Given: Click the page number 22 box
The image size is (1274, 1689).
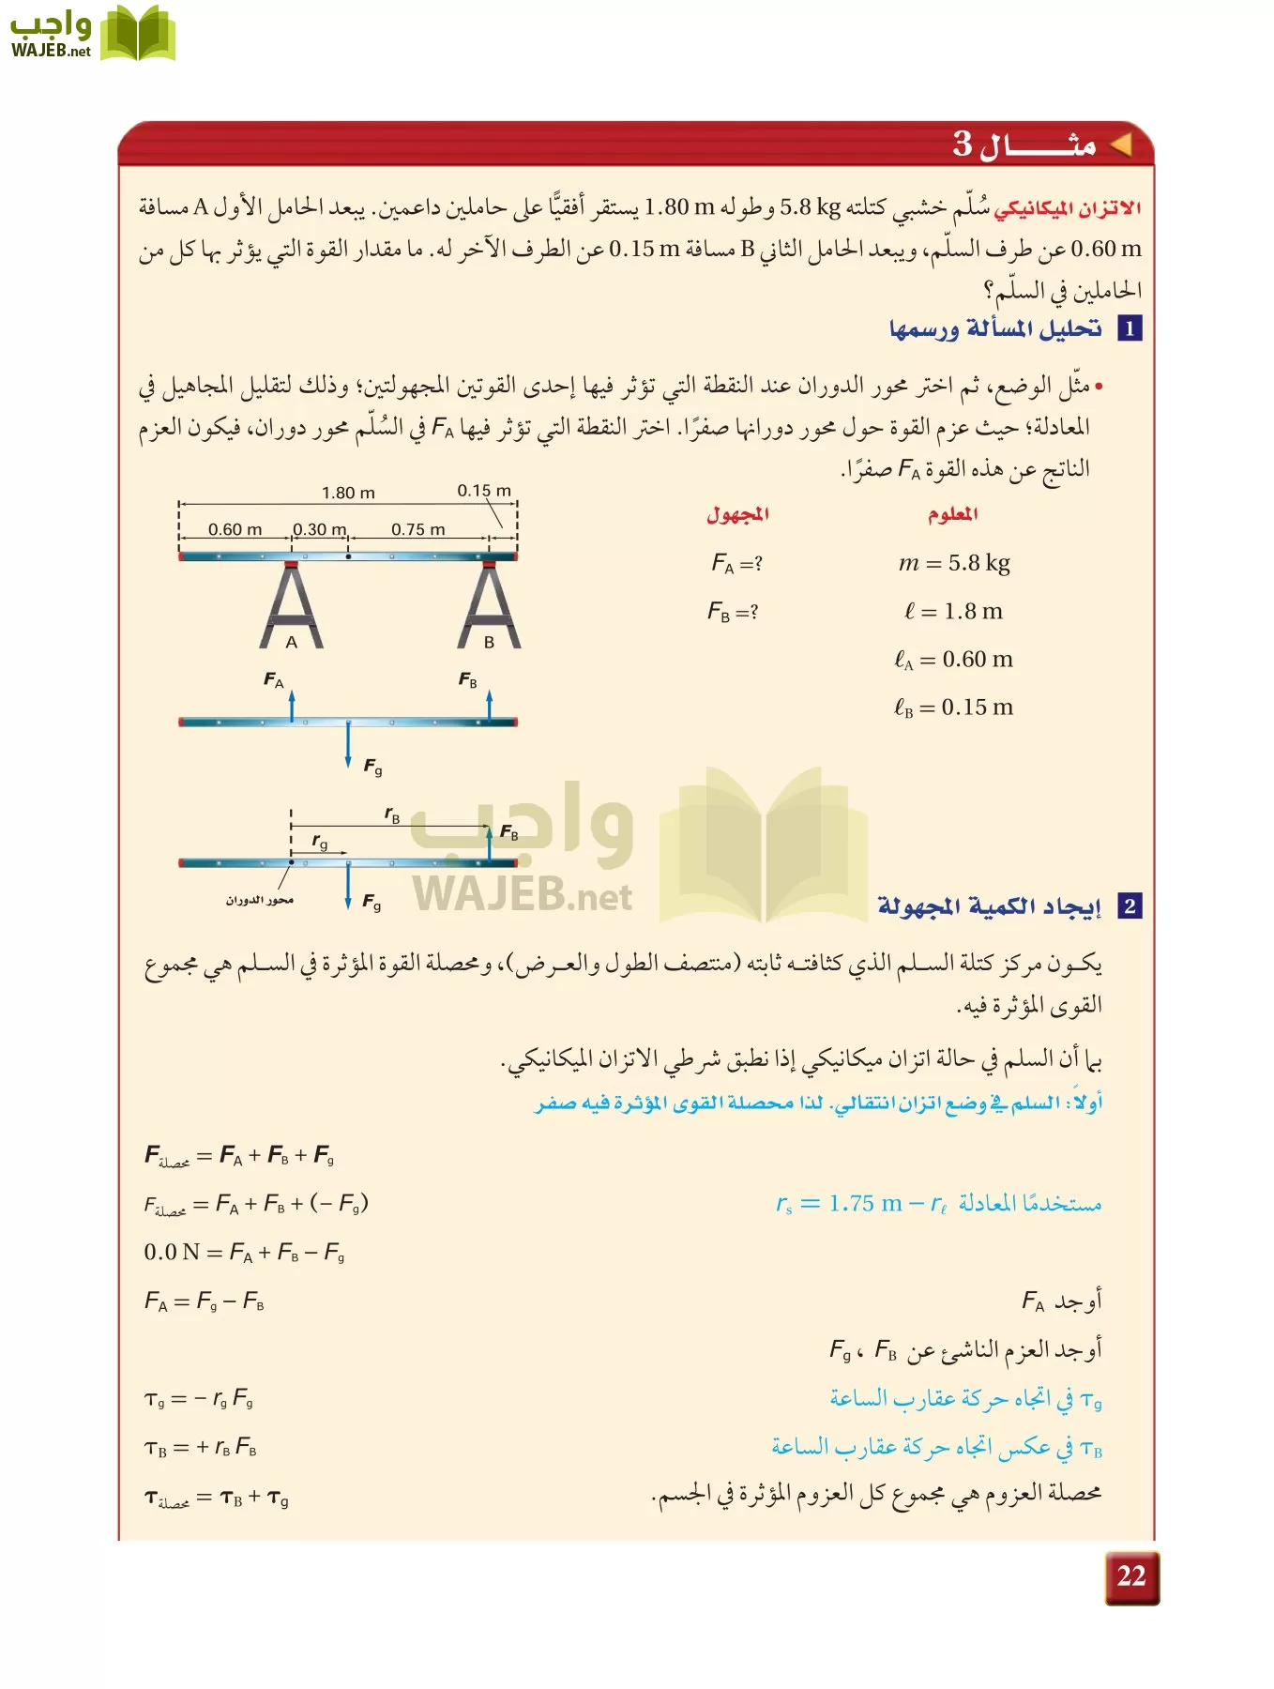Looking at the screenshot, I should pos(1131,1577).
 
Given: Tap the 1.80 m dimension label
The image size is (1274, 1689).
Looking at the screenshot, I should pos(348,493).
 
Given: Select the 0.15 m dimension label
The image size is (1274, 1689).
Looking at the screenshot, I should pos(484,491).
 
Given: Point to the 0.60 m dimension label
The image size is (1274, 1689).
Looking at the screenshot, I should pos(235,529).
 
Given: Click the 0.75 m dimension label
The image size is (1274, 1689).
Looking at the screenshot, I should pos(418,529).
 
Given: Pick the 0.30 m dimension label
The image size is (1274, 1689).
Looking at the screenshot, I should pos(320,529).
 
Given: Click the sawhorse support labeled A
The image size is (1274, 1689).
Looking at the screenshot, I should pos(292,606).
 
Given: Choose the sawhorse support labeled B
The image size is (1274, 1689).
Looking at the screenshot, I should pos(489,606).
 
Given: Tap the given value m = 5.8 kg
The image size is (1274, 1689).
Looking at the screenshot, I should pos(954,563).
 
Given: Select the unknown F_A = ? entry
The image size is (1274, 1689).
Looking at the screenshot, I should pos(736,563).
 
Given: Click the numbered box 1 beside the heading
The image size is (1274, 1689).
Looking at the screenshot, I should pos(1130,328).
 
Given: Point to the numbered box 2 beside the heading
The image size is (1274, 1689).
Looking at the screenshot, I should pos(1130,906).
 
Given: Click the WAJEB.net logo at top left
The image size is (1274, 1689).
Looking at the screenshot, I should pos(92,34).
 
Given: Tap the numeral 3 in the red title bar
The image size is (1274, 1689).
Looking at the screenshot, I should pos(963,144).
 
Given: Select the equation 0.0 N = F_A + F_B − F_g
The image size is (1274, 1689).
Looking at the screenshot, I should pos(244,1253).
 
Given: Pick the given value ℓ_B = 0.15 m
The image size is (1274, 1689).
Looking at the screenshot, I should pos(953,708).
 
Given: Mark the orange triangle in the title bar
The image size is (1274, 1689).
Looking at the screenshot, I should pos(1120,145).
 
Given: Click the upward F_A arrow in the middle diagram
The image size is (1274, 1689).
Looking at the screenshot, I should pos(292,705).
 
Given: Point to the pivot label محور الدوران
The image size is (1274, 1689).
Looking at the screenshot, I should pos(259,900).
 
